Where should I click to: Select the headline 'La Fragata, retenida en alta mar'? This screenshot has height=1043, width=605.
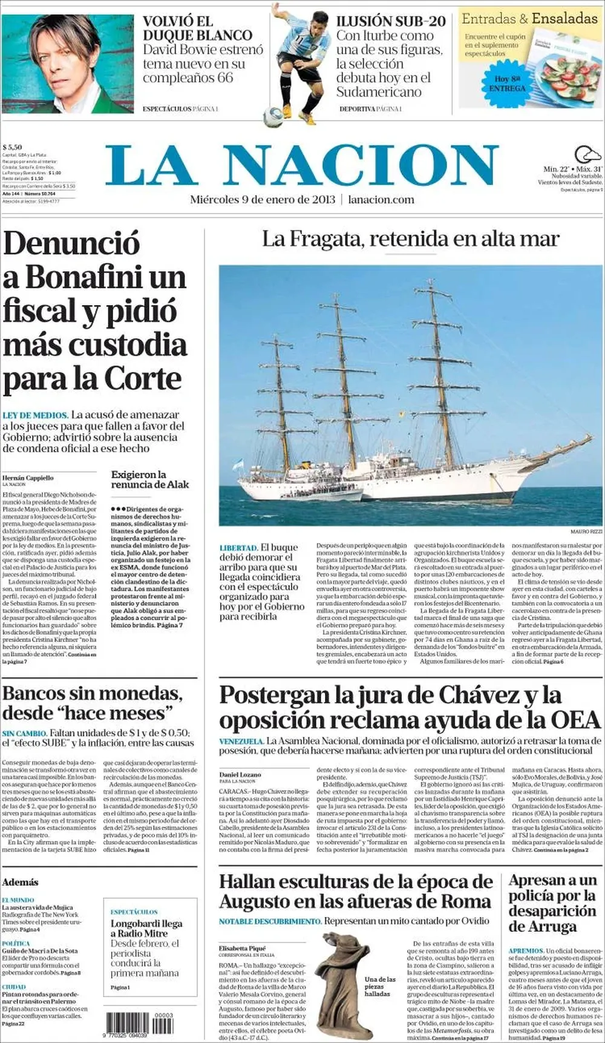pos(410,239)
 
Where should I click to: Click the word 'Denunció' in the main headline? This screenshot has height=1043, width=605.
pos(71,243)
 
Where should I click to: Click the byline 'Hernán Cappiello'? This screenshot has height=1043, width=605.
pos(28,478)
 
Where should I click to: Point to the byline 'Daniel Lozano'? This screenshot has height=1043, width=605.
pos(240,774)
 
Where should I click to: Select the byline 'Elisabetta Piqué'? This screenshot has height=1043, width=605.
pos(243,948)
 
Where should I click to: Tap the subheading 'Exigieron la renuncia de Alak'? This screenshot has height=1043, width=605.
pos(149,479)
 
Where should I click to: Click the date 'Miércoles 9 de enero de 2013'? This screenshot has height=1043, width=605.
pos(263,200)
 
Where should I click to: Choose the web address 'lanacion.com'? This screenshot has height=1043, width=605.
pos(381,200)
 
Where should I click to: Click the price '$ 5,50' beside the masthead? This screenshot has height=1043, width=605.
pos(12,147)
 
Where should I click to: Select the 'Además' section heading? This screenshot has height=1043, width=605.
pos(20,882)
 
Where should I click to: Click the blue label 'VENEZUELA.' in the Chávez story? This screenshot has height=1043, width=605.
pos(241,741)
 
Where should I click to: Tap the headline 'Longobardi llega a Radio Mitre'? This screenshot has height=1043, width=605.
pos(146,929)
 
